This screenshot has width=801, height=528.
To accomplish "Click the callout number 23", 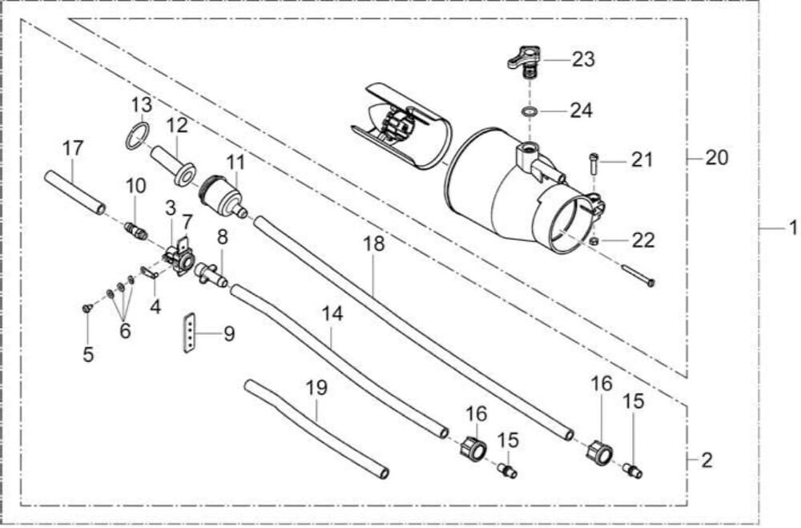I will [584, 59].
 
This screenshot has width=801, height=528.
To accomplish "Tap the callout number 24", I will [581, 111].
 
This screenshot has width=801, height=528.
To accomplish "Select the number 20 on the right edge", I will [716, 158].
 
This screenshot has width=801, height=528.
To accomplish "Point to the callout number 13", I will [142, 105].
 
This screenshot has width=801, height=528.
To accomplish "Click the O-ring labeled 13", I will [138, 136].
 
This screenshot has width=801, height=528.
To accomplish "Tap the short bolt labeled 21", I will [594, 163].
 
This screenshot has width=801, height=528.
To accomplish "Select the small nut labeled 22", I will [594, 240].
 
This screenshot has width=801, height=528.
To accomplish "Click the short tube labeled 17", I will [74, 192].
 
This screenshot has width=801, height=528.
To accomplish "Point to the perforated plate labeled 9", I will [189, 333].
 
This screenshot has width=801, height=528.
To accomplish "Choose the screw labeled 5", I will [87, 307].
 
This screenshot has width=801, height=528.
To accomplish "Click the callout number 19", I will [316, 388].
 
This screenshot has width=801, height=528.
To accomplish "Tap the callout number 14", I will [332, 314].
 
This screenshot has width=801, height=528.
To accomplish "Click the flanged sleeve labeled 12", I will [172, 163].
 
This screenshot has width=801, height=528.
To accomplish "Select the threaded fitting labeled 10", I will [135, 232].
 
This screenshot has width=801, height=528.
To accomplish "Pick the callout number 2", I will [706, 460].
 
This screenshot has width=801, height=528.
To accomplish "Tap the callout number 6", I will [125, 330].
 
